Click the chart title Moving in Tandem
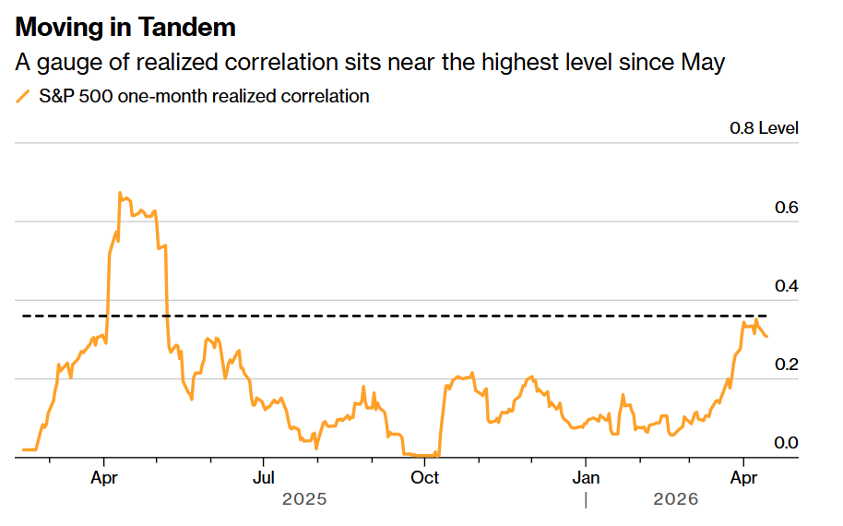tap(125, 28)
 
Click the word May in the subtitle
tap(704, 63)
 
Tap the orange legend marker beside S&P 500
tap(23, 96)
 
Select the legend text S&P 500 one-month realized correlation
tap(204, 96)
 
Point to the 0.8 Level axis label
tap(764, 128)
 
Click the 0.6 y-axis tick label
tap(786, 208)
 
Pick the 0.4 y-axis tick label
tap(786, 287)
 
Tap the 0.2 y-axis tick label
tap(786, 365)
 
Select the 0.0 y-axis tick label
tap(786, 444)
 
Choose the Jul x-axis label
tap(264, 478)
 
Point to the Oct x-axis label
tap(424, 478)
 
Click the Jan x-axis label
tap(585, 478)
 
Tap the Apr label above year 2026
tap(744, 478)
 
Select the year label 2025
tap(304, 499)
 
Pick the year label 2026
tap(676, 499)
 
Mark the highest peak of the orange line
tap(120, 193)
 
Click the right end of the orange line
tap(766, 336)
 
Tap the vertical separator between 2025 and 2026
tap(585, 499)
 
